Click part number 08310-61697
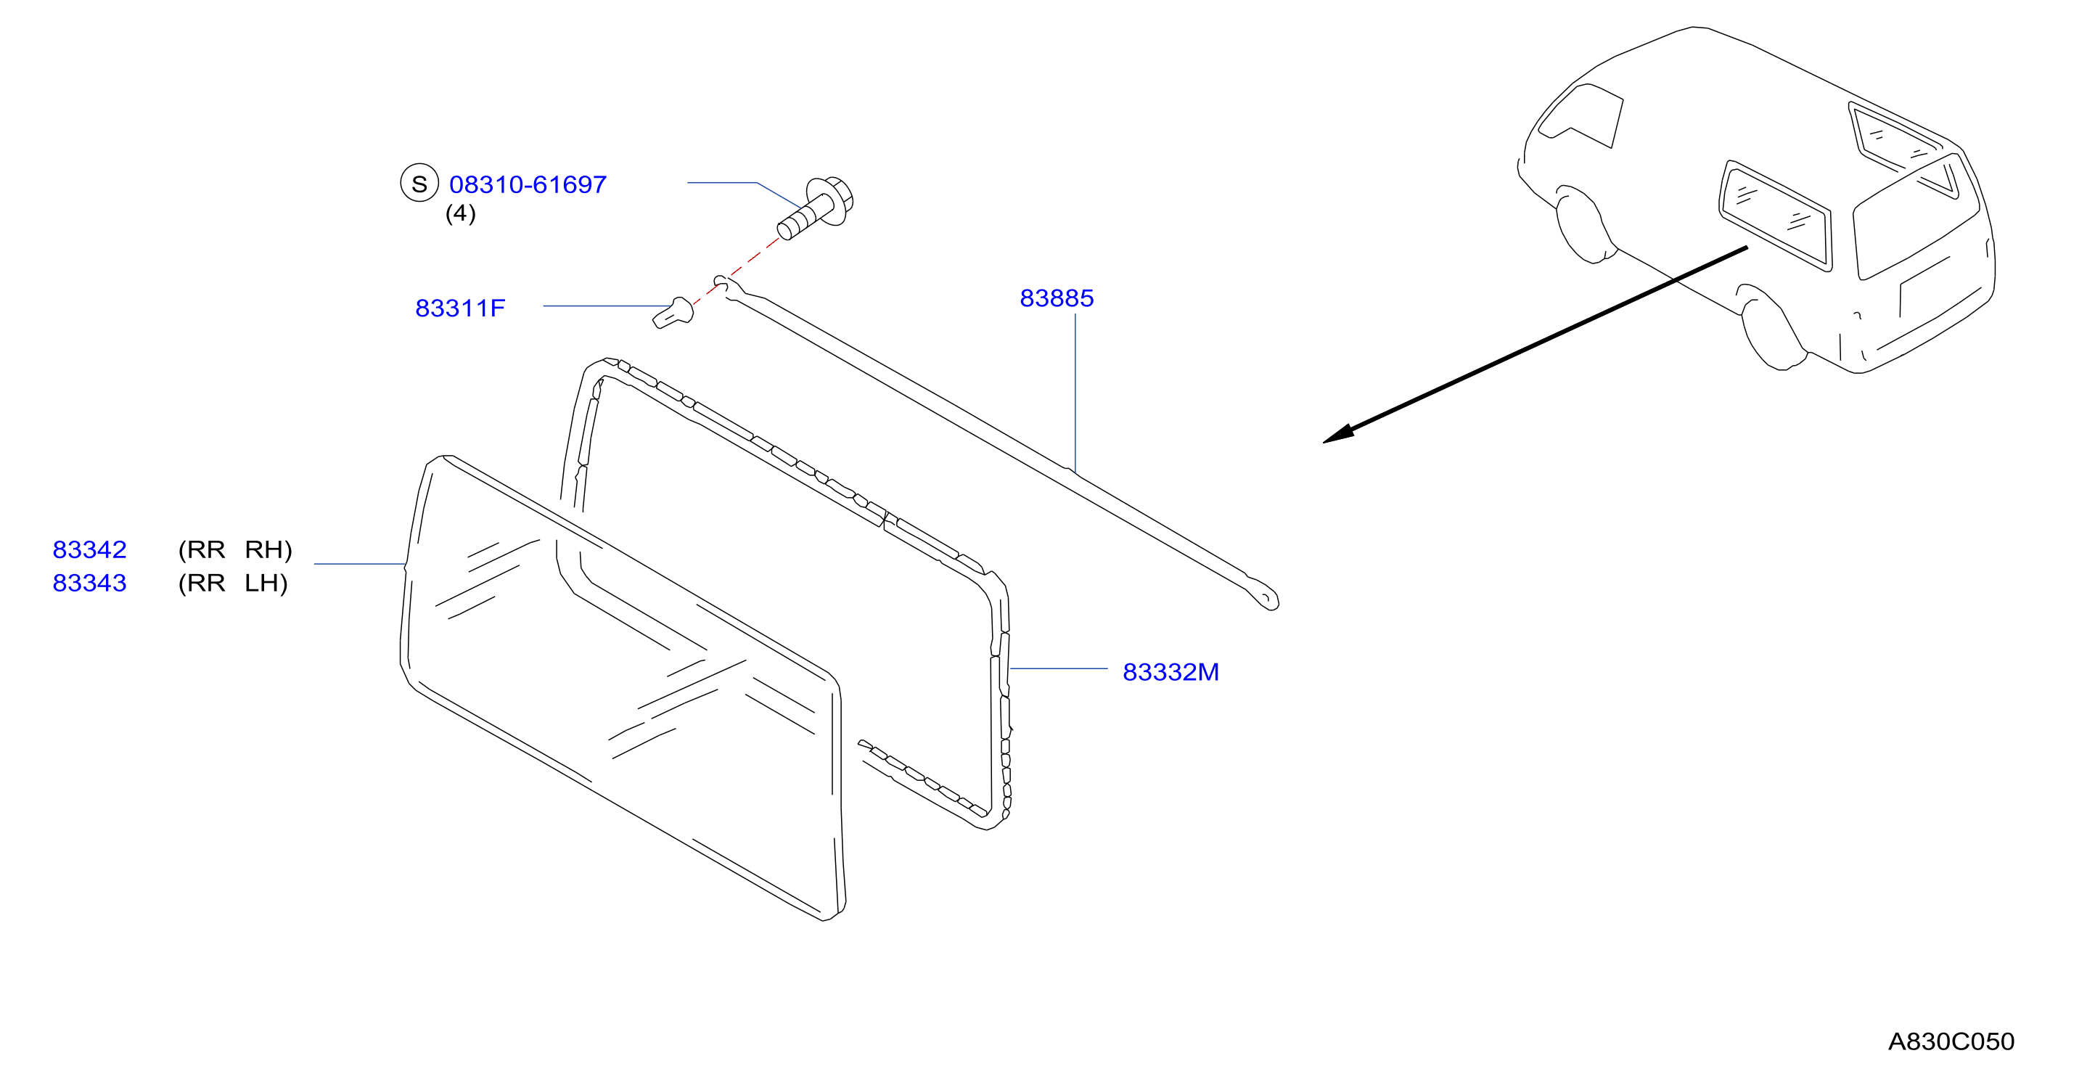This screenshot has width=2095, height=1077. (528, 184)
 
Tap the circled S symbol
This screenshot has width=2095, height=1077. (419, 184)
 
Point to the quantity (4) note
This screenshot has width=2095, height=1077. (460, 213)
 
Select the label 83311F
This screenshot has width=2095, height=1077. (460, 308)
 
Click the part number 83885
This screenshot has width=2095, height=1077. (1057, 298)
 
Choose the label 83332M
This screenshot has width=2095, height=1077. (1171, 673)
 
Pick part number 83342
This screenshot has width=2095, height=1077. (89, 550)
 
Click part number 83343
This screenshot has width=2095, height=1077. (89, 583)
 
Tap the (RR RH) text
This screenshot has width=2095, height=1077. (235, 550)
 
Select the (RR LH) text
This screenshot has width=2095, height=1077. (234, 583)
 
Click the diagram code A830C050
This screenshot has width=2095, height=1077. (1951, 1042)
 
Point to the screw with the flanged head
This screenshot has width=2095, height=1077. (816, 208)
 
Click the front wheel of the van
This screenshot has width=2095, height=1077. (1584, 224)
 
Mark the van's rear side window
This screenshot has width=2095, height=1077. (1776, 216)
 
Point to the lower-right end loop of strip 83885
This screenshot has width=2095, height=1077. (1265, 598)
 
